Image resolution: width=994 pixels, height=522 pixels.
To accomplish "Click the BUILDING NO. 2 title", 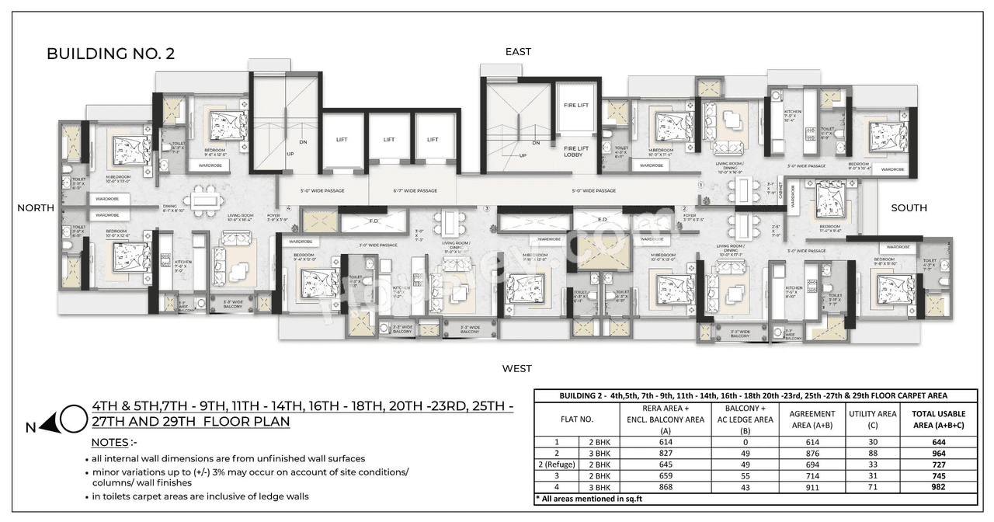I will click(110, 54).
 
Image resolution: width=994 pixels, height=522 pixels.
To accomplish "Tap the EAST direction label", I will click(518, 51).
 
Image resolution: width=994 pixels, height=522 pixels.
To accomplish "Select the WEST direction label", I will click(516, 368).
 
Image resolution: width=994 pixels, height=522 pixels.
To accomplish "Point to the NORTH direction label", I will click(36, 207).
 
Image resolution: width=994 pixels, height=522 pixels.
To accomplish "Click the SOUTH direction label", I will click(909, 207).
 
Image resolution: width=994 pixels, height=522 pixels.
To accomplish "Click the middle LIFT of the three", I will click(389, 140).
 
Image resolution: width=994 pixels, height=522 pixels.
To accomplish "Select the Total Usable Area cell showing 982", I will click(940, 486).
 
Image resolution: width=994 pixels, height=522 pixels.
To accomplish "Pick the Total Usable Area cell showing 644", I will click(940, 441).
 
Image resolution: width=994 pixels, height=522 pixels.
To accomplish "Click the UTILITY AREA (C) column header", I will click(872, 419).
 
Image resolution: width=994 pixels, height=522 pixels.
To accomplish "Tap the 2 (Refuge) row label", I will click(558, 464).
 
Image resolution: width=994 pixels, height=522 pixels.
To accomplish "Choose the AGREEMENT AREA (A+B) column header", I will click(812, 419).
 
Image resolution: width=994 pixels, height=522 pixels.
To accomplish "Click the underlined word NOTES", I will click(109, 442).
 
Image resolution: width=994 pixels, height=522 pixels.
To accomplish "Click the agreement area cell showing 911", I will click(812, 486).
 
